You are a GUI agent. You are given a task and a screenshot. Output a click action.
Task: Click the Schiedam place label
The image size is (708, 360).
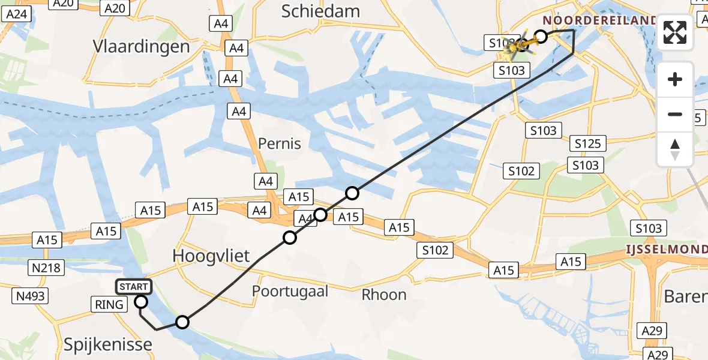click(x=320, y=11)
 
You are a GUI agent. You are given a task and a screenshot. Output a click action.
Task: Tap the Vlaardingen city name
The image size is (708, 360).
click(x=142, y=46)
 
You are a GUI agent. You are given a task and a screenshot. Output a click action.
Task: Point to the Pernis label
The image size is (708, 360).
click(x=280, y=143)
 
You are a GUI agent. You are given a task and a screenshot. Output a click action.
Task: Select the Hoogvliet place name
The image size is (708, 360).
click(x=211, y=256)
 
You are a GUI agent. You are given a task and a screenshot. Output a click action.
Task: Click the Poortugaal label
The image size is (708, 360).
click(x=290, y=292)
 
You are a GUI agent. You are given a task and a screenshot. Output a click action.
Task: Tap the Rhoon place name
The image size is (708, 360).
click(x=384, y=295)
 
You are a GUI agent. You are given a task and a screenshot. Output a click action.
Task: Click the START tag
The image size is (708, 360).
click(x=133, y=287)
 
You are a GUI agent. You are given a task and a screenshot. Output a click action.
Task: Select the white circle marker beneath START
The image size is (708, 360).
click(x=142, y=301)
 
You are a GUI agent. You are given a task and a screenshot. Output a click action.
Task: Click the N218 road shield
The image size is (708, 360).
click(x=47, y=268)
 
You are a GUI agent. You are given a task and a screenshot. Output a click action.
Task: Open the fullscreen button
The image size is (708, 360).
click(x=675, y=33)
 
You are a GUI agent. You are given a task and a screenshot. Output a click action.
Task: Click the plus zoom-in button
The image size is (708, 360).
click(x=675, y=79)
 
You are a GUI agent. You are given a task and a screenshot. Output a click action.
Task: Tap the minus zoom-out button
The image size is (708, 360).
click(x=675, y=114)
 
